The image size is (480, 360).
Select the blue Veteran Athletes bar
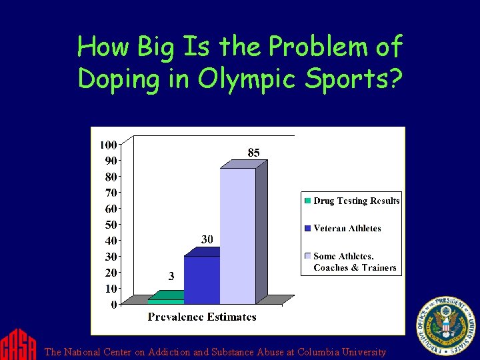click(x=201, y=280)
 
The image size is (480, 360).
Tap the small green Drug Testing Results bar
click(x=165, y=301)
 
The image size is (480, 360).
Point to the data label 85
click(x=253, y=153)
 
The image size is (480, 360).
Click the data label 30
click(x=207, y=239)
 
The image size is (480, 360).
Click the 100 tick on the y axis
click(x=108, y=145)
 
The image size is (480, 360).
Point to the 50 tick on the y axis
click(x=111, y=225)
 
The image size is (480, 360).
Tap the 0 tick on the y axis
click(x=113, y=305)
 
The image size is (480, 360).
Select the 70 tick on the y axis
click(x=111, y=193)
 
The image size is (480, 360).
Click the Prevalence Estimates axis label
click(x=202, y=317)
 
